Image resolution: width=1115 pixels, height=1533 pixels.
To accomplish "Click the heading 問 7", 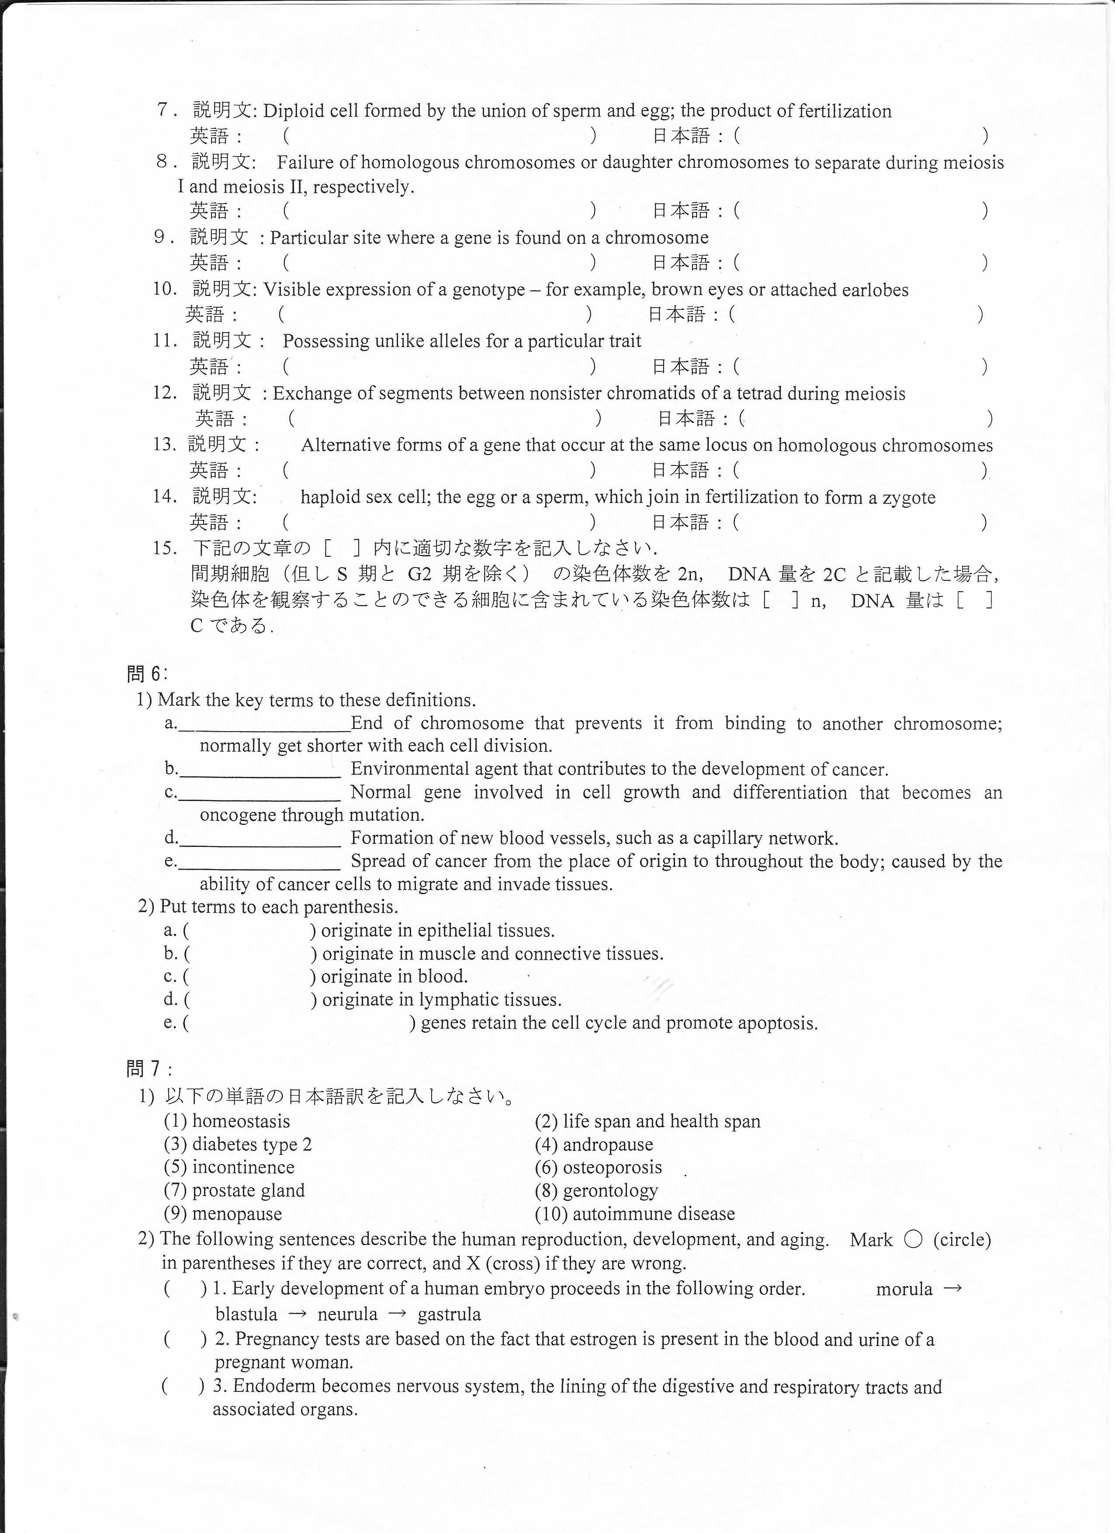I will coord(149,1068).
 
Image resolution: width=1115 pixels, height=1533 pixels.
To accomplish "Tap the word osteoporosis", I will coord(612,1167).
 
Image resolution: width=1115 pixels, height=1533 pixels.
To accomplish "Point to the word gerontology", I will coord(610,1190).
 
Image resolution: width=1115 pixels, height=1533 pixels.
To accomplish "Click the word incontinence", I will coord(243,1167).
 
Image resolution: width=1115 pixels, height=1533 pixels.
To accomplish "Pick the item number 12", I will coord(164,393).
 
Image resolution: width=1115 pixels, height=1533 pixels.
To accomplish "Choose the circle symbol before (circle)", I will coord(912,1240).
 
